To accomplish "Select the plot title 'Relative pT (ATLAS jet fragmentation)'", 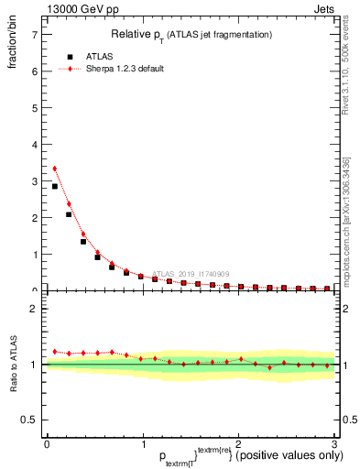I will (191, 34).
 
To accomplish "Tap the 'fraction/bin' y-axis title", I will (13, 50).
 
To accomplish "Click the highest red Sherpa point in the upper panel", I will (55, 169).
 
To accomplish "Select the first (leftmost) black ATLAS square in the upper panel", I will (55, 186).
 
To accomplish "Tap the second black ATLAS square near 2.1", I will (69, 214).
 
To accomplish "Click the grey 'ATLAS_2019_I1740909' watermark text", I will (193, 273).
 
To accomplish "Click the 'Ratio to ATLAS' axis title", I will (13, 364).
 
